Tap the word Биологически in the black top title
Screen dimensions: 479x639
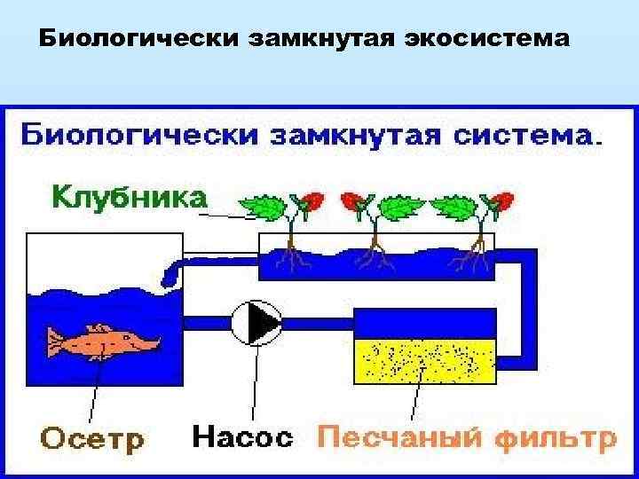pos(115,40)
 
